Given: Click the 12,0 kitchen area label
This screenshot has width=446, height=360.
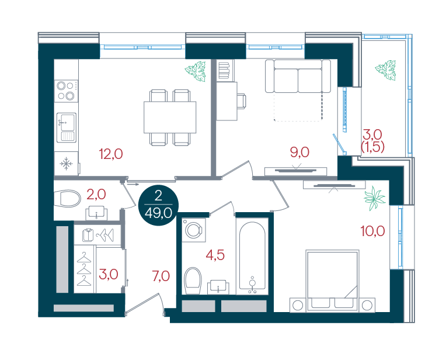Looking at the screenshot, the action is tap(111, 154).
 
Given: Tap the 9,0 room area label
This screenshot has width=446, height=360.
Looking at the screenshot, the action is tap(299, 153).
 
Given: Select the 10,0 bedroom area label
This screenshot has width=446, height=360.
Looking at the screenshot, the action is tap(372, 231).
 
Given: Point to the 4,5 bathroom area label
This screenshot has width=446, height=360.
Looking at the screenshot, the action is tap(215, 255).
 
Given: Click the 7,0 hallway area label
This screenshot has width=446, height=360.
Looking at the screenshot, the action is tap(161, 276).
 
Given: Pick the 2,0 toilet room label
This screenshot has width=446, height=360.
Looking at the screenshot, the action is tap(96, 195).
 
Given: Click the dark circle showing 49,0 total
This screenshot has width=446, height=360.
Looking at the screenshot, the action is tap(158, 206).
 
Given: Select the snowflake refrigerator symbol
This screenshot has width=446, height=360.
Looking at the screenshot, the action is tap(67, 164).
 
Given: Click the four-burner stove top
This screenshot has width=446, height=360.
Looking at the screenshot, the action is tap(67, 91).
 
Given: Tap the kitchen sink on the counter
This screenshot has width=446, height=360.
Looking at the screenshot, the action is tap(67, 127).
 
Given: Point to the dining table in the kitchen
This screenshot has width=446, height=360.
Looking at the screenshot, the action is tap(170, 117).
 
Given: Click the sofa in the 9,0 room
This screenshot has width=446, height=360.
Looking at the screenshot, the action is tap(298, 76).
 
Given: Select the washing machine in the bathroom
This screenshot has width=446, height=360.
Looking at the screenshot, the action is tap(193, 230).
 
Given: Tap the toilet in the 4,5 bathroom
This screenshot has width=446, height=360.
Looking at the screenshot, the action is tap(193, 281).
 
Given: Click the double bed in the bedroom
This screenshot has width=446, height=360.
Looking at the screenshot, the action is tap(332, 281).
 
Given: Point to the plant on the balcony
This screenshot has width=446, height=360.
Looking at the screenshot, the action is tap(385, 70).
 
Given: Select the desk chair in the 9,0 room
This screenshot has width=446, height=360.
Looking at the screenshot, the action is tap(242, 101).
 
